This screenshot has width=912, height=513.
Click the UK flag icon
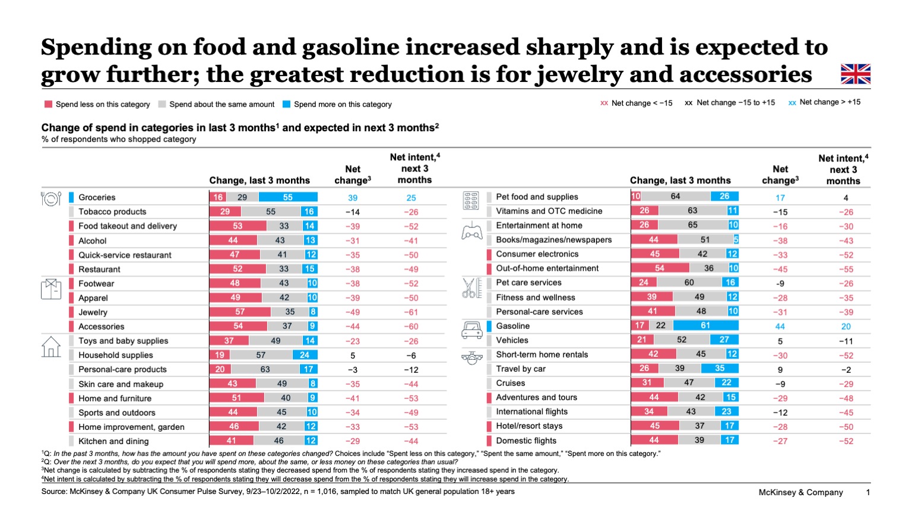855,74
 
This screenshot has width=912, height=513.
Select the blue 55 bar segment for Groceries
288,197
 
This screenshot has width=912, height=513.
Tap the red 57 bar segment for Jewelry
240,312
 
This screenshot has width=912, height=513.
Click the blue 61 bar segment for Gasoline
705,325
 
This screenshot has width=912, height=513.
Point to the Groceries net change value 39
353,198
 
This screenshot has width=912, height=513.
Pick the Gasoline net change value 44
780,327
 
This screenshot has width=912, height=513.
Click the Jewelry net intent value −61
411,312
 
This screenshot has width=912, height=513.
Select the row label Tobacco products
112,211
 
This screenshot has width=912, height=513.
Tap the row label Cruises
511,383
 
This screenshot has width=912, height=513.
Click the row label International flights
531,411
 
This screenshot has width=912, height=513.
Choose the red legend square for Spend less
48,104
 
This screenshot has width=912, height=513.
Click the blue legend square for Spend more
286,104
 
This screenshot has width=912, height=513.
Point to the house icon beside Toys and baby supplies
51,347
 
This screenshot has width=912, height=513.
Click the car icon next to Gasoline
472,330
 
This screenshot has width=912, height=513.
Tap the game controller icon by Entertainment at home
472,231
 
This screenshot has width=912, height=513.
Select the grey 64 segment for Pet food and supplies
676,196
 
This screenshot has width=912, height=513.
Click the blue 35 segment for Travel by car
719,368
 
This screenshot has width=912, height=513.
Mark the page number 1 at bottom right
867,492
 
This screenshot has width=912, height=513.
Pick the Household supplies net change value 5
353,356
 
